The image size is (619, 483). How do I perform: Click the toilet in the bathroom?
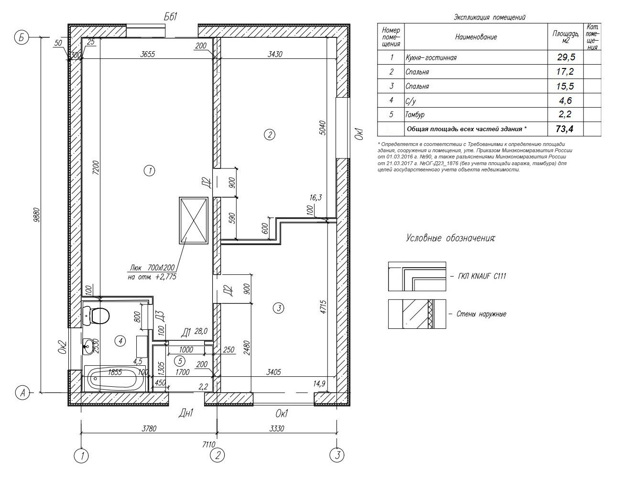click(x=98, y=316)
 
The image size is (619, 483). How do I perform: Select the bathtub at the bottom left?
click(x=115, y=379)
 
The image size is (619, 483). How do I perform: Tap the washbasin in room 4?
click(x=88, y=346)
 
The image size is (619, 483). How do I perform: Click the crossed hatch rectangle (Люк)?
click(x=194, y=220)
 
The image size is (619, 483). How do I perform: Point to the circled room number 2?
click(x=270, y=135)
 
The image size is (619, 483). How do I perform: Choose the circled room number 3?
click(x=279, y=308)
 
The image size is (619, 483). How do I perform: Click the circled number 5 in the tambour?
click(x=179, y=360)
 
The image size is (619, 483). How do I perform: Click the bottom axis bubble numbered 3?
click(x=337, y=455)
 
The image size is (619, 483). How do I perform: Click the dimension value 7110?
click(x=209, y=445)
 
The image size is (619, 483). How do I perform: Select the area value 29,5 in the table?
click(x=565, y=57)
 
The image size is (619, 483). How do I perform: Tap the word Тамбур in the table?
click(x=414, y=115)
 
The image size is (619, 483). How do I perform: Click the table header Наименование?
click(x=476, y=37)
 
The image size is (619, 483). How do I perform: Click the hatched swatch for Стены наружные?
click(x=417, y=314)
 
